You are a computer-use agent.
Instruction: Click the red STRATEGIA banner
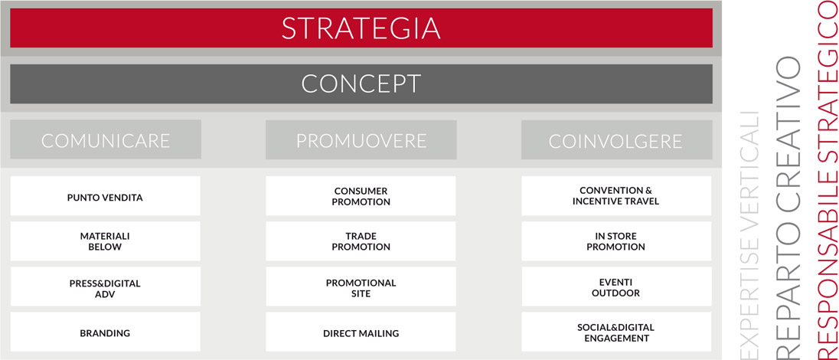361,28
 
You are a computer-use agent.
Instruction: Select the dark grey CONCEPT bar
361,84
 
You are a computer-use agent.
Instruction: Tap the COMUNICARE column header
106,139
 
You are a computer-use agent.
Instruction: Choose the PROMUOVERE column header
361,139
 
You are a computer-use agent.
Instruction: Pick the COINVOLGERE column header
616,139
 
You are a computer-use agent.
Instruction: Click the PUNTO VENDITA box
106,196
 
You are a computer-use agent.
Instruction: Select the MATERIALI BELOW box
106,241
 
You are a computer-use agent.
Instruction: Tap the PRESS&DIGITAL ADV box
106,287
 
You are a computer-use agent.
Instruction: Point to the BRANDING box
106,332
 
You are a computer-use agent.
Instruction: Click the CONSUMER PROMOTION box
361,196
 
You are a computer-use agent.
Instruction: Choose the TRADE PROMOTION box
361,241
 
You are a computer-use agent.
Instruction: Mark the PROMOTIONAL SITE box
361,287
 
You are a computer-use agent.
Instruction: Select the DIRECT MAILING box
361,332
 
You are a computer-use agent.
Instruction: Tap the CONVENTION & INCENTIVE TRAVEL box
616,196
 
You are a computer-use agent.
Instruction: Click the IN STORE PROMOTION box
616,241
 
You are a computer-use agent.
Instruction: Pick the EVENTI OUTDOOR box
616,287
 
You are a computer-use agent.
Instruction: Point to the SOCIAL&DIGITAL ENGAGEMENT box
616,332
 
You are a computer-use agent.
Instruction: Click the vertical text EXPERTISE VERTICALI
749,234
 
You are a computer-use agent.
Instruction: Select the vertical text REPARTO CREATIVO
788,206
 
